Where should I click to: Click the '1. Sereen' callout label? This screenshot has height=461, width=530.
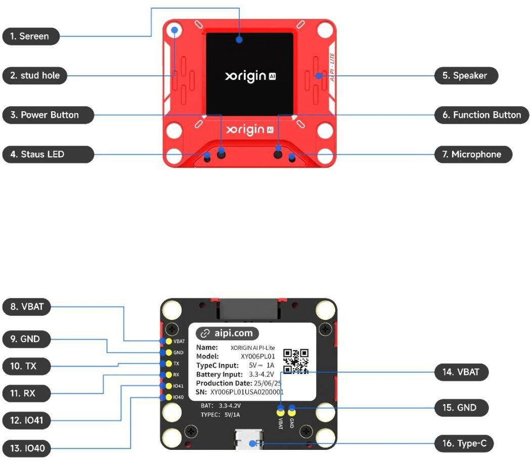coord(30,36)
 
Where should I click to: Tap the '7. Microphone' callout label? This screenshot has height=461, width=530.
coord(473,154)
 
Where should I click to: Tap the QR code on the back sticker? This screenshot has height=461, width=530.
coord(295,361)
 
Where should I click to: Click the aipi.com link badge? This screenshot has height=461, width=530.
coord(227,333)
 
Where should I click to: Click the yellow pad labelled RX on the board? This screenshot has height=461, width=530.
coord(168,375)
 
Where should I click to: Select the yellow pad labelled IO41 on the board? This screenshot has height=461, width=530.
coord(168,386)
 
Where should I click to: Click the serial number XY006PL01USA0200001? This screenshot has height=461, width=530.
coord(247,392)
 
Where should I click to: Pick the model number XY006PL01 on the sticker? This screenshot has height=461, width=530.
coord(258,356)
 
